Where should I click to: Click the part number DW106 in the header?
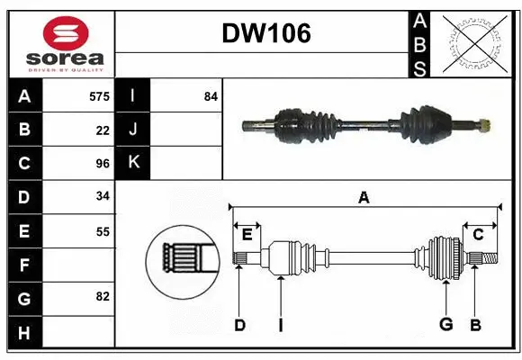[x=266, y=33]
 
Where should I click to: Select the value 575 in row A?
[x=99, y=96]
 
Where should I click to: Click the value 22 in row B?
[x=103, y=130]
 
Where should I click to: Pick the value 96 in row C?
[x=103, y=164]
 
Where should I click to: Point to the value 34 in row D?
[x=103, y=197]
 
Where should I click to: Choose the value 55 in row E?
[x=103, y=231]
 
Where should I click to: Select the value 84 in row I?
[x=211, y=96]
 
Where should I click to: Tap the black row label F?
[x=24, y=265]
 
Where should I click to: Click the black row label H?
[x=24, y=333]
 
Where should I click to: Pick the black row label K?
[x=133, y=163]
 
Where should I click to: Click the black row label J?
[x=133, y=130]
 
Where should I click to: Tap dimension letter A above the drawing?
[x=364, y=198]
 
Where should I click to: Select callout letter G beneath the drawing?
[x=445, y=325]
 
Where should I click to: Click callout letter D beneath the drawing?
[x=239, y=325]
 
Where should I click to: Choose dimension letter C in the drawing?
[x=478, y=234]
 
